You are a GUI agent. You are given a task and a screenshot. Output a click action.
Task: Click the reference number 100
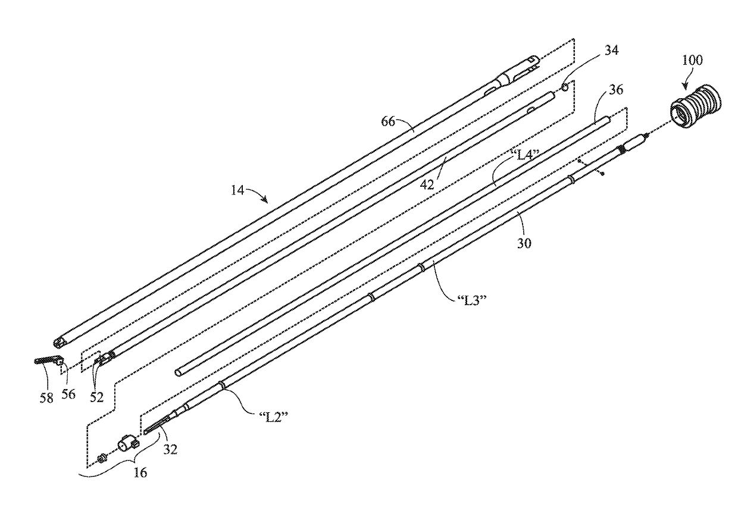click(693, 59)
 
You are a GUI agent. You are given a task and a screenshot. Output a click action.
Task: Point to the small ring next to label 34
click(566, 87)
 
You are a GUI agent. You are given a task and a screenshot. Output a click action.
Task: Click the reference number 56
click(69, 395)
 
